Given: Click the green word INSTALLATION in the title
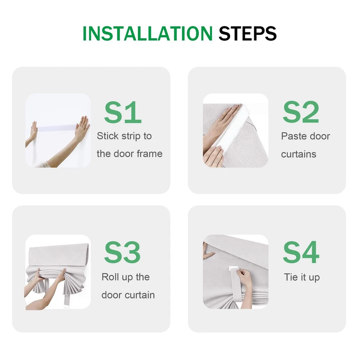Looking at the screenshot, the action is pos(147,33).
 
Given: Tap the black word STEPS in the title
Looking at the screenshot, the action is pos(248,33).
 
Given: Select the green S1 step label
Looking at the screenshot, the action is pos(123,112).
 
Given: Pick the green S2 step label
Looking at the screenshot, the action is pos(301,112).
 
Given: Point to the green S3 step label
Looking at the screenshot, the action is pos(122,252).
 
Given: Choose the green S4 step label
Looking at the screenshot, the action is pos(301,252).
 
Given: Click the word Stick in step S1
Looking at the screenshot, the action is pos(108,136).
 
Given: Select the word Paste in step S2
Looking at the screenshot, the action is pos(293,136).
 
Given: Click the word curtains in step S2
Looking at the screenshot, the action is pos(299,154).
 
